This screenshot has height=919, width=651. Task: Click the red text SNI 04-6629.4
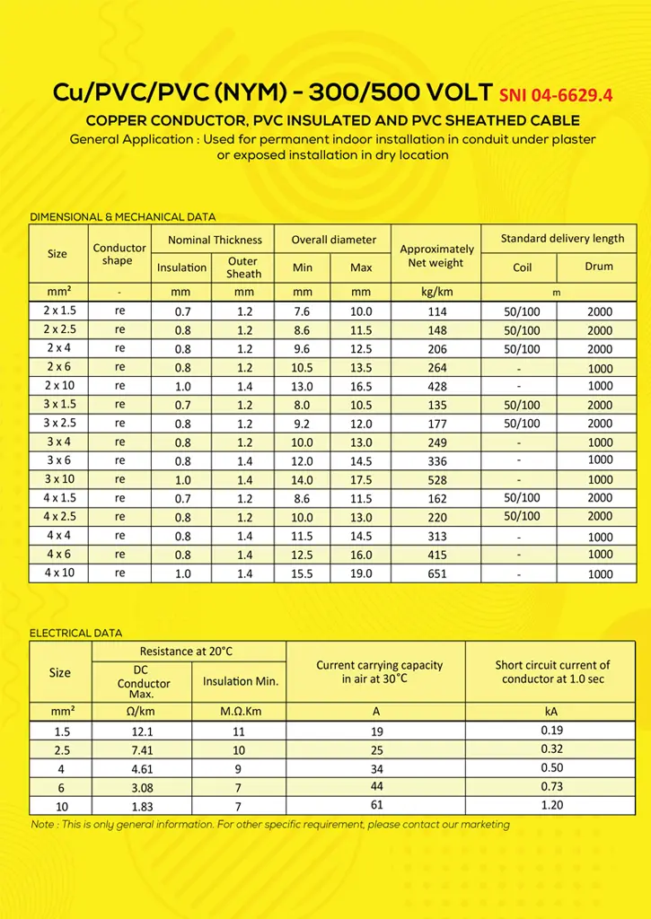555,94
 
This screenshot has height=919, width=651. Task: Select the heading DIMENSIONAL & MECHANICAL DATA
123,216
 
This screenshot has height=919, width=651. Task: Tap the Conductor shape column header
119,254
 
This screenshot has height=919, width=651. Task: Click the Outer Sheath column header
243,267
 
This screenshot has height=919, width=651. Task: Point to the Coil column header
522,267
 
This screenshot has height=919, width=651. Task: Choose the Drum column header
599,267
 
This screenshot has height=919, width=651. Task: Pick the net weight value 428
437,386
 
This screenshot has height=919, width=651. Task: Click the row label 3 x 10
60,478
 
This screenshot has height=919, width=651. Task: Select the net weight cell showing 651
437,573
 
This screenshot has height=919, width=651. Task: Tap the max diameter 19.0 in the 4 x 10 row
361,573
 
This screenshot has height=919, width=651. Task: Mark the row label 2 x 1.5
60,311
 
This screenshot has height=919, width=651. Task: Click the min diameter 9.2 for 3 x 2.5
303,424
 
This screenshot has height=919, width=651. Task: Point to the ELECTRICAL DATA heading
76,633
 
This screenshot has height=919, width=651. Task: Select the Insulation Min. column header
241,681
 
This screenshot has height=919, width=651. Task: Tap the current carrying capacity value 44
376,787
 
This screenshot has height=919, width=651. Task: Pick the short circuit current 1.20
552,805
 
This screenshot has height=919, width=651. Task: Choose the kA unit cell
552,712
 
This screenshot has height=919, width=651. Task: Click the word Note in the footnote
42,824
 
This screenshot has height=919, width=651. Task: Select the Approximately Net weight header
437,256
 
